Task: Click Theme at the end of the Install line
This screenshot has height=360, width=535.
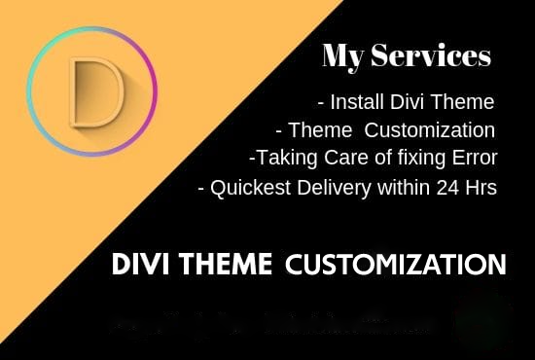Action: pos(467,101)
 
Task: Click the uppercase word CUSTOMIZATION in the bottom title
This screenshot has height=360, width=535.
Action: pos(396,264)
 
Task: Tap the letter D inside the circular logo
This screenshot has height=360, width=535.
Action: pos(93,93)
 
